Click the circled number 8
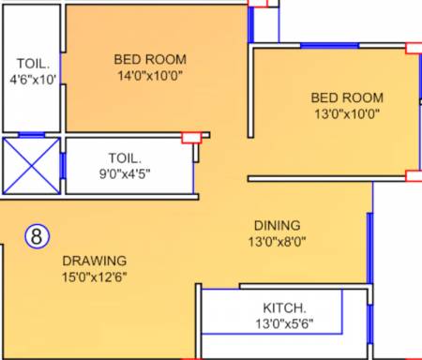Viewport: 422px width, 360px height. click(37, 236)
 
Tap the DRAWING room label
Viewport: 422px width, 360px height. click(95, 261)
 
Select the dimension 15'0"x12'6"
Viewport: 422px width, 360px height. click(95, 277)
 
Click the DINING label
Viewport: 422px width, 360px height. click(278, 226)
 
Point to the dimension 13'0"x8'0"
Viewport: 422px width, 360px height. click(278, 242)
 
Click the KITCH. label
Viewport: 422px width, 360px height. click(284, 308)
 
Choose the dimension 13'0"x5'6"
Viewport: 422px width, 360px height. click(284, 323)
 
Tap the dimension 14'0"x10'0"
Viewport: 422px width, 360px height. click(150, 75)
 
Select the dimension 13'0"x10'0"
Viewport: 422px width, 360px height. click(347, 113)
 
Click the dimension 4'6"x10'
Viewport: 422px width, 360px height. click(33, 80)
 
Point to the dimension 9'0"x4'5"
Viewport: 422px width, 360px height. click(125, 173)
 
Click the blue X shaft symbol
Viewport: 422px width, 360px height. click(32, 166)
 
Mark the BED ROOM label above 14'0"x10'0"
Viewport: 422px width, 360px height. click(150, 59)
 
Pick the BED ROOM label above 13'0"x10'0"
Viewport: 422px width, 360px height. click(347, 97)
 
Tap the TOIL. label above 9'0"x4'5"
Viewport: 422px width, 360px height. click(125, 158)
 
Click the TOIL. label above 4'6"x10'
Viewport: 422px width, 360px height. click(33, 64)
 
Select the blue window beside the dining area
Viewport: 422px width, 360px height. click(369, 248)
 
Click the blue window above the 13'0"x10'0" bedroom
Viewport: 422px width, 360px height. click(329, 46)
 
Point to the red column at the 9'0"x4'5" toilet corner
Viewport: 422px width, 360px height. click(191, 138)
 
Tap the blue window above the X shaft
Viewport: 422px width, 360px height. click(32, 135)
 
